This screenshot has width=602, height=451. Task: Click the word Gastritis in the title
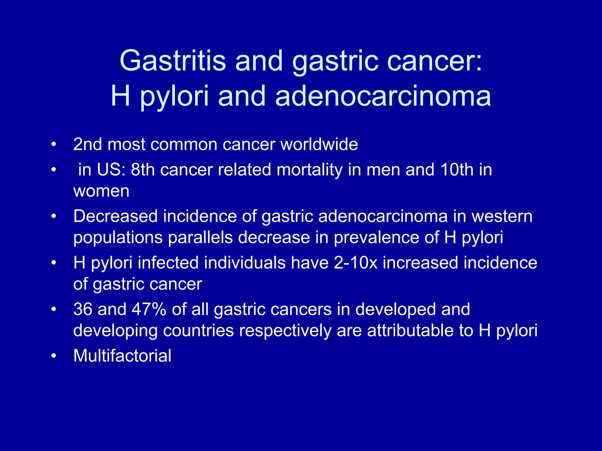click(x=173, y=61)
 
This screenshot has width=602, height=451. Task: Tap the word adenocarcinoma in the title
click(x=383, y=96)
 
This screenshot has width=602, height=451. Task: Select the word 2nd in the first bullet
click(x=88, y=144)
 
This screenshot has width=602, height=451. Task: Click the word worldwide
click(x=319, y=144)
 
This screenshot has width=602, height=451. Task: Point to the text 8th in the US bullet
click(x=143, y=170)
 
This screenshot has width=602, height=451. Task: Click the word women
click(x=101, y=191)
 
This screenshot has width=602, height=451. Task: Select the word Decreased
click(x=115, y=216)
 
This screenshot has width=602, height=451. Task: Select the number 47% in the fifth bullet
click(x=149, y=309)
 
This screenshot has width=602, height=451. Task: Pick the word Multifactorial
click(x=122, y=356)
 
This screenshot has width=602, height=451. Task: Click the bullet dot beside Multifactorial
click(x=53, y=356)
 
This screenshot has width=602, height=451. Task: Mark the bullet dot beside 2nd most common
click(x=53, y=145)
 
